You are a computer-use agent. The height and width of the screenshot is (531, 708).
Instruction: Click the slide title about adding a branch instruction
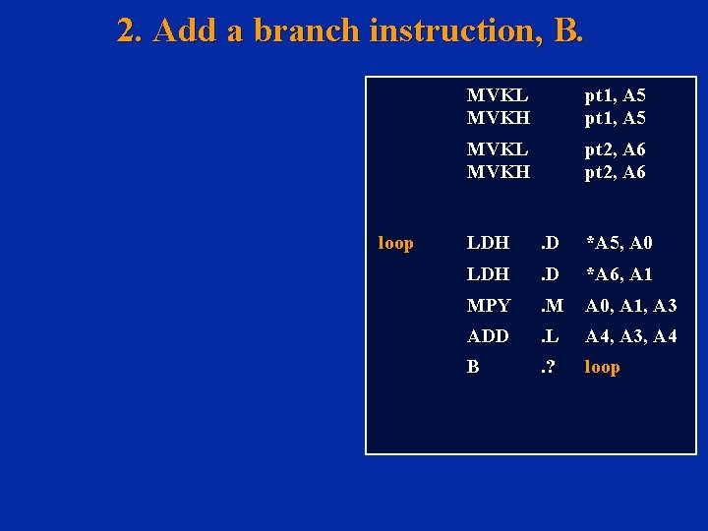coord(350,30)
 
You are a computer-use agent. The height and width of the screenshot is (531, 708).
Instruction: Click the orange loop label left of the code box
coord(396,243)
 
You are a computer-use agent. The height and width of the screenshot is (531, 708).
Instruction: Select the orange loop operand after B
coord(603,367)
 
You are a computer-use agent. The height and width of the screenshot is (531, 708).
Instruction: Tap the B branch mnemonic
coord(473,367)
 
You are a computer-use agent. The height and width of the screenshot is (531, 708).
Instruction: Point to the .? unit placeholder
coord(546,367)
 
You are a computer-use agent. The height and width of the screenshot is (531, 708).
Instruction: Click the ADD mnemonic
coord(488,336)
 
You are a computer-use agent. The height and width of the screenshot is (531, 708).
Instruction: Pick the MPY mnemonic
coord(489,306)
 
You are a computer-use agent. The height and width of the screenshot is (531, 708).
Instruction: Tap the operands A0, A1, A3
coord(631,306)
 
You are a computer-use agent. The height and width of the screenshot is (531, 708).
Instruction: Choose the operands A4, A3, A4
coord(631,336)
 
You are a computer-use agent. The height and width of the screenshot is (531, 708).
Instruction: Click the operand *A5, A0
coord(619,243)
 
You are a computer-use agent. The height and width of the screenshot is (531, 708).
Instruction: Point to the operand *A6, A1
coord(619,274)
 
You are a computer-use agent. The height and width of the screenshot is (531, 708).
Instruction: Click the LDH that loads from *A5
coord(488,243)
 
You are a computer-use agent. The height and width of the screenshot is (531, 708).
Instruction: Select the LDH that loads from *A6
coord(488,274)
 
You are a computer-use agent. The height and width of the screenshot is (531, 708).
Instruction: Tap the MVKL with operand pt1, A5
coord(498,95)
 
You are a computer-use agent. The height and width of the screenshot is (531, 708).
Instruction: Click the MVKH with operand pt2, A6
coord(499,171)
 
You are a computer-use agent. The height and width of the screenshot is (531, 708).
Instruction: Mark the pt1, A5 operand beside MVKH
coord(616,118)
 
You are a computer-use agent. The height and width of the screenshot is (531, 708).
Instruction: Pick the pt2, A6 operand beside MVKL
coord(616,149)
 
